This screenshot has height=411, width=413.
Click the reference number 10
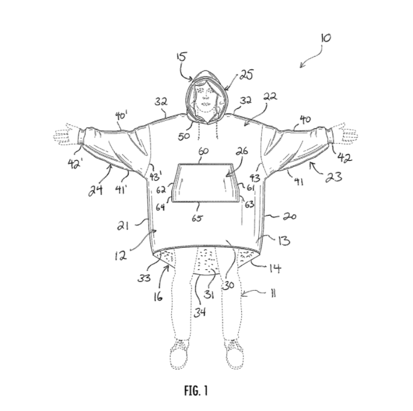[325, 37]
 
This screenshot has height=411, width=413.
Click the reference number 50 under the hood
[183, 136]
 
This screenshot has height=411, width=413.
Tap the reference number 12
[122, 253]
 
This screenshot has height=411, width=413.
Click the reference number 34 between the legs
[201, 311]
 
